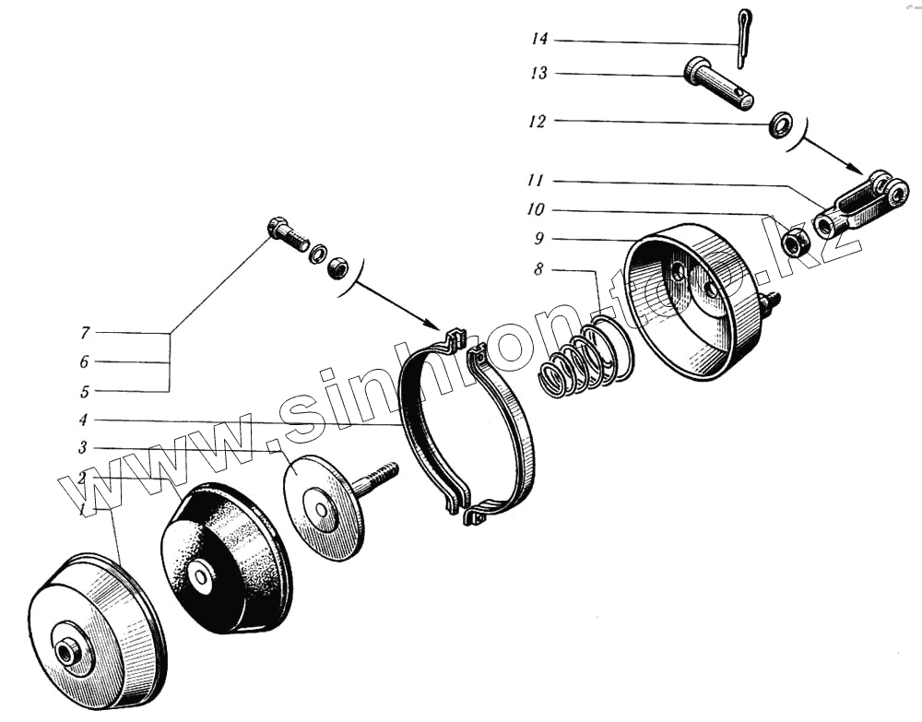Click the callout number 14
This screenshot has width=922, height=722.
539,40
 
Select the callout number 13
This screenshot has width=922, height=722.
539,74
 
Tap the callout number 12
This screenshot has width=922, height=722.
539,121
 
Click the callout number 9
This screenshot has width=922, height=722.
539,238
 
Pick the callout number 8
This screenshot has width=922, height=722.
539,270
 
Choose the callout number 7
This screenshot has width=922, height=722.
84,332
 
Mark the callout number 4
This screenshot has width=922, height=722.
84,420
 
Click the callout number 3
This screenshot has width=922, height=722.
84,448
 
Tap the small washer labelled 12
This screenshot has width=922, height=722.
782,124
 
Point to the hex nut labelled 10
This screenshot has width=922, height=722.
796,243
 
